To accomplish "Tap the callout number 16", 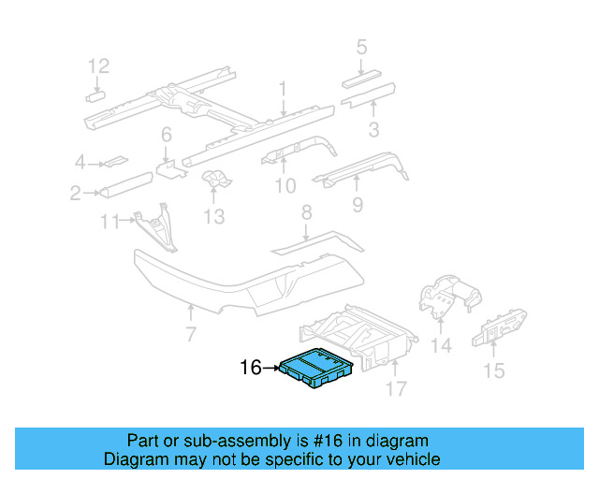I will coord(251,369).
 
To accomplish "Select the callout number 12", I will coord(98,65).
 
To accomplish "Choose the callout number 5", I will coord(361,46).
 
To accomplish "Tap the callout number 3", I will coord(373,129).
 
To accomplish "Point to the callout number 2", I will coord(75,194).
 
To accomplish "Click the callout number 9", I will coord(357,203).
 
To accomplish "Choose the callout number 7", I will coord(190,334).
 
